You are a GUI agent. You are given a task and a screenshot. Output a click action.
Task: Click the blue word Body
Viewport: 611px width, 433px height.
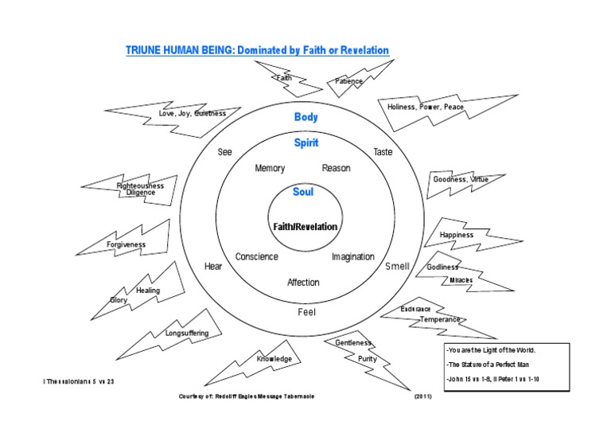306,117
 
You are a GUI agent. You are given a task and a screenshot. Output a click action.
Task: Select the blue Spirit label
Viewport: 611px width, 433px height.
306,143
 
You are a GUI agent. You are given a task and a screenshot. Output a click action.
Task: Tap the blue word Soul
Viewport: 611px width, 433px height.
303,192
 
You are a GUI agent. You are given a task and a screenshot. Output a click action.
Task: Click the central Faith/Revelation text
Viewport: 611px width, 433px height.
305,227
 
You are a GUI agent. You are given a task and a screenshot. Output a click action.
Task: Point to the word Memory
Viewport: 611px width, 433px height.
270,169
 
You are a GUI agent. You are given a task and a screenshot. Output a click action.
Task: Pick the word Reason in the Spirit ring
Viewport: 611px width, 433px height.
336,169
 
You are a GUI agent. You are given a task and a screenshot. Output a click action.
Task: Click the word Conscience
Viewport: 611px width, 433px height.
257,257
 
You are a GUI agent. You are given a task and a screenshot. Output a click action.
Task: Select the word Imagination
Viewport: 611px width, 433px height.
353,257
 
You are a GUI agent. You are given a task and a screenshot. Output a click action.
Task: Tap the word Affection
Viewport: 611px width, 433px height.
303,283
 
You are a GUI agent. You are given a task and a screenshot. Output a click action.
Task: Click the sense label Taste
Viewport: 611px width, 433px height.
383,152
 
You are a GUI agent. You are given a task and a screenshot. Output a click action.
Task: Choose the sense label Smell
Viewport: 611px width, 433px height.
397,267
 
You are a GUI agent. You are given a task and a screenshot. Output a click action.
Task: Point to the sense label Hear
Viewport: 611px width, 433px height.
213,267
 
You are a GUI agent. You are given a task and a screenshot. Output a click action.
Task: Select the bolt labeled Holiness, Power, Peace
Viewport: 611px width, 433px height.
426,107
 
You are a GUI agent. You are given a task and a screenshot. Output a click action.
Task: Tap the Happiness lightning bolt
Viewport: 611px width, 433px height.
457,235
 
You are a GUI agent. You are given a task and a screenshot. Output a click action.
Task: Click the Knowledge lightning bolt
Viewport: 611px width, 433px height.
274,359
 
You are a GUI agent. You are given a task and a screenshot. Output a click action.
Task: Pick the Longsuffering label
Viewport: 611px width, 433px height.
187,333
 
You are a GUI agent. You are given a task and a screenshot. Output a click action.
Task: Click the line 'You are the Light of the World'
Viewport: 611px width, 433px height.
491,350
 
